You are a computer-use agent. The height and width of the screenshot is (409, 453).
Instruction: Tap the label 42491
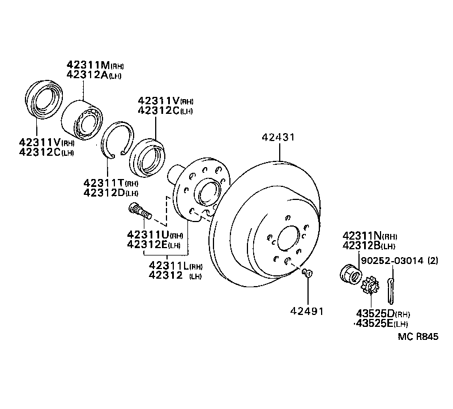[307, 311]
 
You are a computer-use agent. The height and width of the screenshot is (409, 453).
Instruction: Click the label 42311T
[103, 183]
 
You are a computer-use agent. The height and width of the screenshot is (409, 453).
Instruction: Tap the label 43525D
[375, 314]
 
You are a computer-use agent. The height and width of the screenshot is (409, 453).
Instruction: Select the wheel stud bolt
[140, 213]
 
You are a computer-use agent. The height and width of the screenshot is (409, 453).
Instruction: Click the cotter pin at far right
[390, 288]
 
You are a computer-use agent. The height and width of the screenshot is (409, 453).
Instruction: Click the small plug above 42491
[308, 275]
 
